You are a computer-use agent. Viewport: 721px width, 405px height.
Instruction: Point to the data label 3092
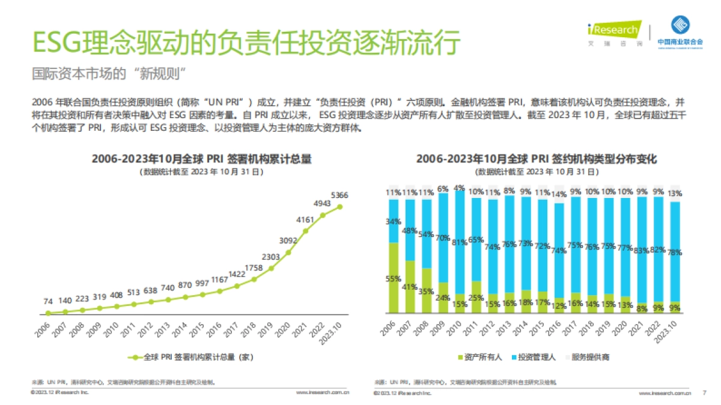tap(288, 241)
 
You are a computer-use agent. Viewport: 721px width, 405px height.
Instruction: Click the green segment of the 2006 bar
tap(394, 278)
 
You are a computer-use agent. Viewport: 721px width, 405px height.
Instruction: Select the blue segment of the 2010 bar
tap(460, 243)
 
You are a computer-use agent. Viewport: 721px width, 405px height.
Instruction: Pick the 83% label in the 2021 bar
tap(641, 250)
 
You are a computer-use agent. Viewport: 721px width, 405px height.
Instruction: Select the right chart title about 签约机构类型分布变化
tap(537, 159)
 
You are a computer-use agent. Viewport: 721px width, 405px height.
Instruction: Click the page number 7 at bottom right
tap(704, 394)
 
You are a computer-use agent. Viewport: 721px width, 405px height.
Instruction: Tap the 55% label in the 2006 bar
tap(394, 278)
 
